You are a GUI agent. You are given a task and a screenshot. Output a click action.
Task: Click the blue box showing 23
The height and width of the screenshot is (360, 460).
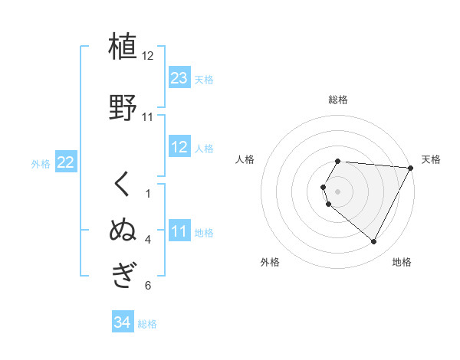179,78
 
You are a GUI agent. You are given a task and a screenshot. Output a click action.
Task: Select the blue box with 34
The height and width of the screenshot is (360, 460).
122,323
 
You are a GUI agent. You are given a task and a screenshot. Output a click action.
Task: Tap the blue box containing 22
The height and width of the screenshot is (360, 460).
65,162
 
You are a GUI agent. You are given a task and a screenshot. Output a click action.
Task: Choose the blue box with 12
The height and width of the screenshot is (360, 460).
179,147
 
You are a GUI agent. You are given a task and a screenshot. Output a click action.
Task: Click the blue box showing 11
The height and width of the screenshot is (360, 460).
179,231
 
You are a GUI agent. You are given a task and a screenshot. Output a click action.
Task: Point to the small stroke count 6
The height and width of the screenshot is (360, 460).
147,286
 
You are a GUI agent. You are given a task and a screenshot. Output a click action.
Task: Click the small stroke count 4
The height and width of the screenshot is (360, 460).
147,240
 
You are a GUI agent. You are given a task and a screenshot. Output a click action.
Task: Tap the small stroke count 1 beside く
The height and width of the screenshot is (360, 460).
147,194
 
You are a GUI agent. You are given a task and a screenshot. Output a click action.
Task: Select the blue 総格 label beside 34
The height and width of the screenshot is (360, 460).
147,324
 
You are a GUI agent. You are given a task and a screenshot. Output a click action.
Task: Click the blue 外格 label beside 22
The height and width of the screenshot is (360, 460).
41,163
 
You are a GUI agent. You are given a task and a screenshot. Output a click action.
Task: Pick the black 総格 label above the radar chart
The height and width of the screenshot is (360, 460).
338,100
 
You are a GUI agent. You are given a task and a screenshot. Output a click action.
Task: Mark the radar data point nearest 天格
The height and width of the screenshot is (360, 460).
410,168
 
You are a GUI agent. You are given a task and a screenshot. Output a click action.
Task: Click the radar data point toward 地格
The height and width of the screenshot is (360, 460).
373,242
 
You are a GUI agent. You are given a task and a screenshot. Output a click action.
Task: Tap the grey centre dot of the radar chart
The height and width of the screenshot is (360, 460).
338,191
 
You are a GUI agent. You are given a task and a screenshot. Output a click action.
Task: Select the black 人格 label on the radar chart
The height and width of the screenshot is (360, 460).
245,159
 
